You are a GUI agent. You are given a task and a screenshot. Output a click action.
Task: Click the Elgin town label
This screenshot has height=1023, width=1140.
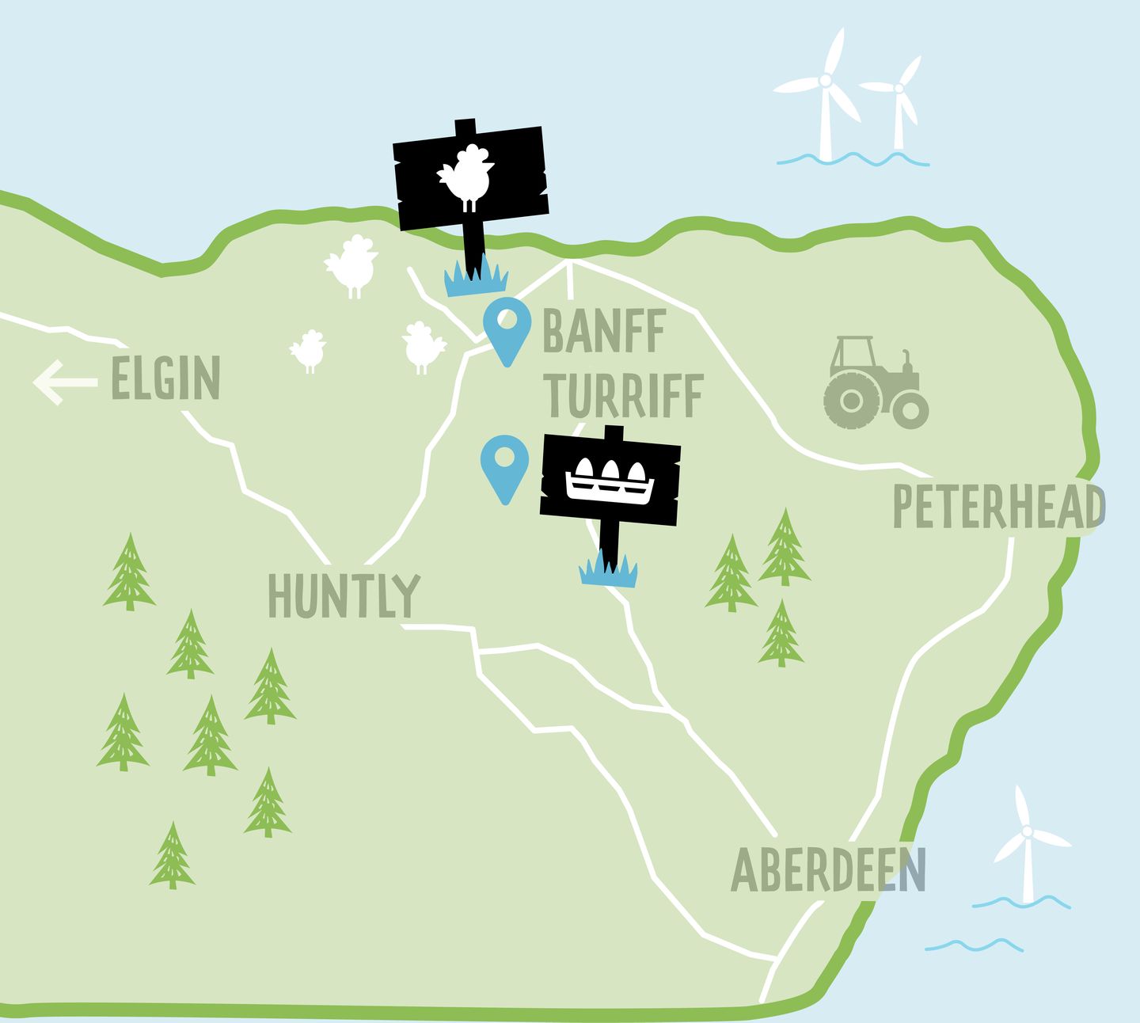[165, 378]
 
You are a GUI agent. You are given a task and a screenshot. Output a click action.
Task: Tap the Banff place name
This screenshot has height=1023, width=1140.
[604, 332]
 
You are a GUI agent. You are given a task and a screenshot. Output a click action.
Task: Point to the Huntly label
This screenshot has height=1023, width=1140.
[344, 595]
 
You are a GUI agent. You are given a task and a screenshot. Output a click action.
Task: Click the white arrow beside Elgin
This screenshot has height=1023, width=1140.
[63, 382]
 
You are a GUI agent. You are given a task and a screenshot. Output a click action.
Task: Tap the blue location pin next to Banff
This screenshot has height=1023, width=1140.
[507, 331]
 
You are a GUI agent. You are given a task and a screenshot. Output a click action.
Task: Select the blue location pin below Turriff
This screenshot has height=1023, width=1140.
[505, 467]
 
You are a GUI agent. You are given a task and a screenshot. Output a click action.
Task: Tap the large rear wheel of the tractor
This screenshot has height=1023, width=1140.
[851, 401]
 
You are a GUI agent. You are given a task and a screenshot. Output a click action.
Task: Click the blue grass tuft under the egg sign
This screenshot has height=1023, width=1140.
[608, 570]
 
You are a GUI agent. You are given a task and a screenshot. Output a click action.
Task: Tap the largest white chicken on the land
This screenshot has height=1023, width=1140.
[352, 264]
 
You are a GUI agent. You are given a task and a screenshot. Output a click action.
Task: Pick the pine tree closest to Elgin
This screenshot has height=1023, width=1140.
[129, 572]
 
